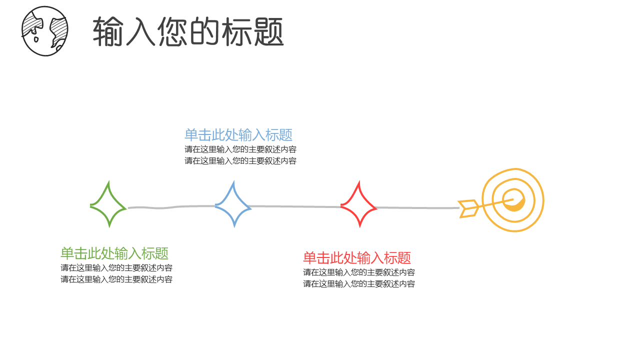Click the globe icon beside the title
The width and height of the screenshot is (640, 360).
pos(44,31)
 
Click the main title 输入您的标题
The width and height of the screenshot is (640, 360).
pos(188,31)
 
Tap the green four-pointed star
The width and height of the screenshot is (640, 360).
pos(108,205)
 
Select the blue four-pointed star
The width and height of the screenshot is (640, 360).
pos(233,205)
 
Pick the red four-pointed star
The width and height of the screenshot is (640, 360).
pos(358,205)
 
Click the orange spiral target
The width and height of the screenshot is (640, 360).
pos(513,200)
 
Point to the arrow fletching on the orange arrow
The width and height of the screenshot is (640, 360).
pos(469,208)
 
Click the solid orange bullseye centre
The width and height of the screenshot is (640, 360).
pos(515,201)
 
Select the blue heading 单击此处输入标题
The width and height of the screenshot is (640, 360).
pos(238,135)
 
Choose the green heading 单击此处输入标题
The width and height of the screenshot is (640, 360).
pos(114,253)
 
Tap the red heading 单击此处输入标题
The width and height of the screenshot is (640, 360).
pos(357,258)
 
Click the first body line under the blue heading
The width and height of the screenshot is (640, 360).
pos(240,149)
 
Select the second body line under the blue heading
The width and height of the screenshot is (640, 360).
pos(240,160)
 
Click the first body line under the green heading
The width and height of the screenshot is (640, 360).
pos(116,267)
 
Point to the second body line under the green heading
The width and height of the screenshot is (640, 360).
pos(116,279)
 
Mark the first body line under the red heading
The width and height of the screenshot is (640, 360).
pos(359,272)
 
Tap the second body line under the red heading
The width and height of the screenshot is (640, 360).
pos(359,283)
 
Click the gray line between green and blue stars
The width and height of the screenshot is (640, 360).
pos(170,207)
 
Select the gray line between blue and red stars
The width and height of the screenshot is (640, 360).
pos(295,206)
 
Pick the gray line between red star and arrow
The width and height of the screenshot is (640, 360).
pos(417,207)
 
